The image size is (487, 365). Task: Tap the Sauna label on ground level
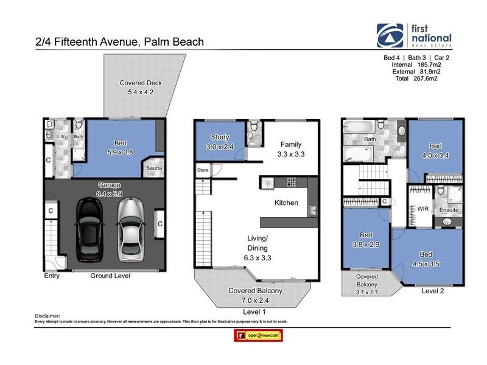point(153,171)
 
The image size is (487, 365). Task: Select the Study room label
point(220,137)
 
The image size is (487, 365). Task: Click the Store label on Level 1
point(202,170)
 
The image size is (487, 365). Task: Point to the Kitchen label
point(286,202)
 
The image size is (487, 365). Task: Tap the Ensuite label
point(449,210)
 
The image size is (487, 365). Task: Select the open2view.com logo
point(257,335)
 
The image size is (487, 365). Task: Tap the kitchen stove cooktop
point(292,181)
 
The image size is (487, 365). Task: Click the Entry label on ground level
point(52,276)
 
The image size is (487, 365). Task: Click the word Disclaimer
point(48,316)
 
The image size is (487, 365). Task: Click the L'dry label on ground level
point(61,136)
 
